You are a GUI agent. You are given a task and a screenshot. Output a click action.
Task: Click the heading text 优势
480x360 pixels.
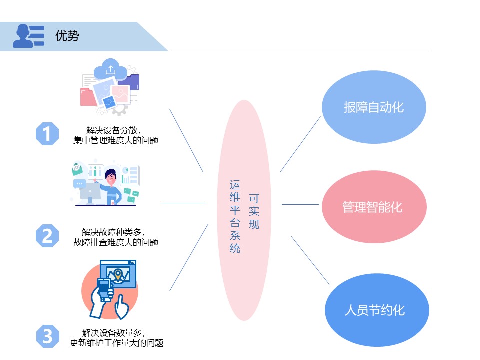pyautogui.click(x=67, y=36)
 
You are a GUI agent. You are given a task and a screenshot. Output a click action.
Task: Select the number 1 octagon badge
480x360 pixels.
pyautogui.click(x=47, y=134)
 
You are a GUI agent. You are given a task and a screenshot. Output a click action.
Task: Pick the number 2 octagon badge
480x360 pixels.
pyautogui.click(x=47, y=236)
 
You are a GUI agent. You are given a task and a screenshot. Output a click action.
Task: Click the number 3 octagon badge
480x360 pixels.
pyautogui.click(x=47, y=336)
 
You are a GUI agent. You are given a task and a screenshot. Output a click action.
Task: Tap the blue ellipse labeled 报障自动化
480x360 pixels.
pyautogui.click(x=373, y=108)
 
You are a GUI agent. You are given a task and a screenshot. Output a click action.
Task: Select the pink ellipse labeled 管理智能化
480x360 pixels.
pyautogui.click(x=374, y=207)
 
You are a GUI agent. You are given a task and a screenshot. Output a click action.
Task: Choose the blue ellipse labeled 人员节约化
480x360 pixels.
pyautogui.click(x=374, y=310)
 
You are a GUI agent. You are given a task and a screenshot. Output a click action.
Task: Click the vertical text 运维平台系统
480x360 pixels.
pyautogui.click(x=235, y=217)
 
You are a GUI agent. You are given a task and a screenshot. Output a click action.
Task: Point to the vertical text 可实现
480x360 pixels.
pyautogui.click(x=254, y=211)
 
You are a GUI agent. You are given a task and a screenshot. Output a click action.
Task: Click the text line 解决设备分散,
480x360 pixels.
pyautogui.click(x=116, y=131)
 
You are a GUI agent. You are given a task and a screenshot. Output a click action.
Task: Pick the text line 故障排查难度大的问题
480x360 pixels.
pyautogui.click(x=116, y=243)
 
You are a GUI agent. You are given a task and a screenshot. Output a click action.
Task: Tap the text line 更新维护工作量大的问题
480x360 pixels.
pyautogui.click(x=116, y=343)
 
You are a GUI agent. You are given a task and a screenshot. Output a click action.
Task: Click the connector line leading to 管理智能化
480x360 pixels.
pyautogui.click(x=300, y=204)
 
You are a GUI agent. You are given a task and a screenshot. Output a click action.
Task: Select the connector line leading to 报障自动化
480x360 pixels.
pyautogui.click(x=300, y=144)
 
